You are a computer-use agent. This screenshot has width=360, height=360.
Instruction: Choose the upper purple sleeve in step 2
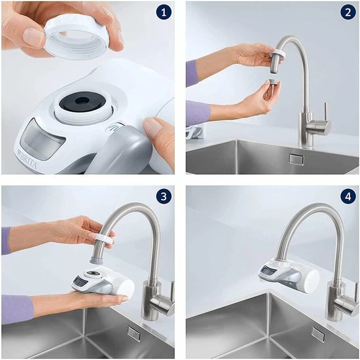pyautogui.click(x=192, y=73)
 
